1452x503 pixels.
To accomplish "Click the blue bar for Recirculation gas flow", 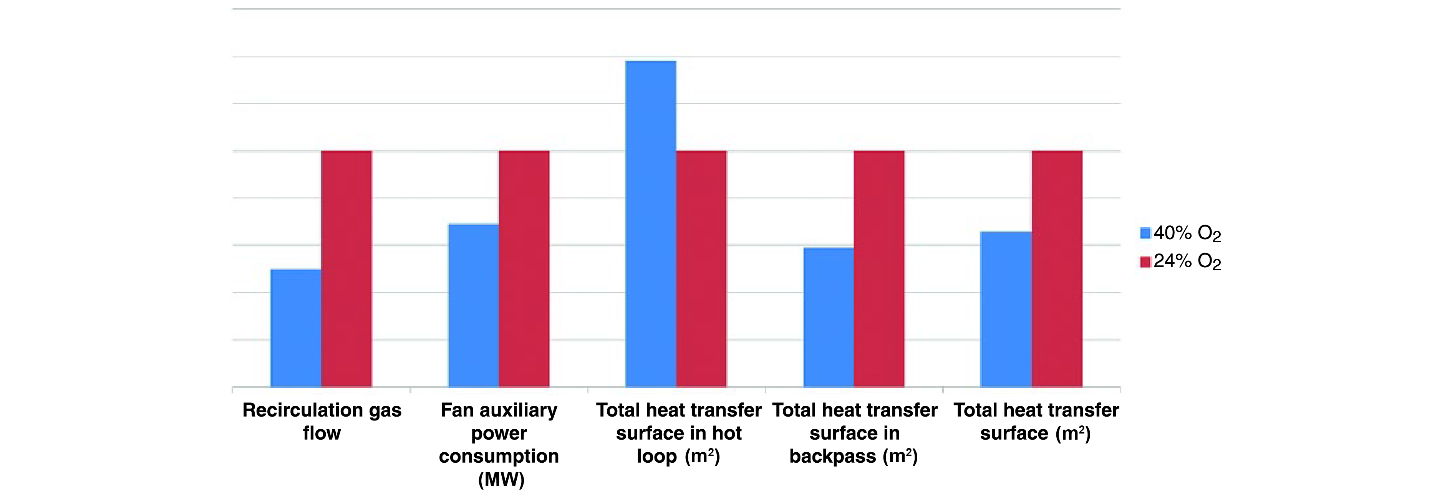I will pyautogui.click(x=296, y=328).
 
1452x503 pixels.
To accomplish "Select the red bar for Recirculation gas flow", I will pyautogui.click(x=346, y=269).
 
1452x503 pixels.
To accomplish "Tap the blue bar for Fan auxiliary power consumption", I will pyautogui.click(x=474, y=306).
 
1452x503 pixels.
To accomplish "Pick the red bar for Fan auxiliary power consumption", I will pyautogui.click(x=524, y=269).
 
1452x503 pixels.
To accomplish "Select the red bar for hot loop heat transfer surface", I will pyautogui.click(x=701, y=269).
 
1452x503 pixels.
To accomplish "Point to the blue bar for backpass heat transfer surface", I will pyautogui.click(x=829, y=318).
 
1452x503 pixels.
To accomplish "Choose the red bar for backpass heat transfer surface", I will pyautogui.click(x=879, y=269).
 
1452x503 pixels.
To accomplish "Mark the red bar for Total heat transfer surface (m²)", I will pyautogui.click(x=1057, y=269).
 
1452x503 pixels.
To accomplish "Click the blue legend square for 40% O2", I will pyautogui.click(x=1145, y=233).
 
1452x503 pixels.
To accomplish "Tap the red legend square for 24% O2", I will pyautogui.click(x=1145, y=262).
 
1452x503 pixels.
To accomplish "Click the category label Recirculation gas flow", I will pyautogui.click(x=322, y=421).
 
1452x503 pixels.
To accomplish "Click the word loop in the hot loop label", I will pyautogui.click(x=657, y=456).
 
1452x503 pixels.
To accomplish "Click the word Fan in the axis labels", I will pyautogui.click(x=457, y=410).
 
